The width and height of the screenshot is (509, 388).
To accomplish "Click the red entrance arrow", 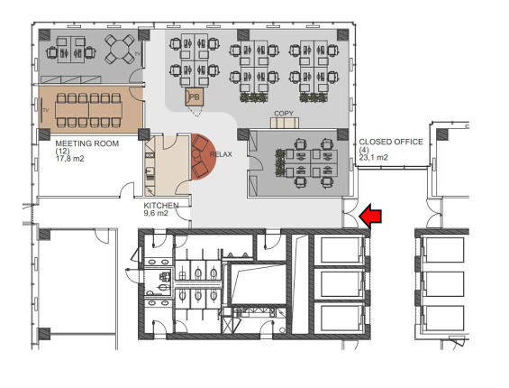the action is coord(370,217).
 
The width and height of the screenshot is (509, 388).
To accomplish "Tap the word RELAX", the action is coord(221,154).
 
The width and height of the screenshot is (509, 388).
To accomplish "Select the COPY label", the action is coord(284,114).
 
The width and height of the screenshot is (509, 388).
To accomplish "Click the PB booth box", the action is coord(195,97).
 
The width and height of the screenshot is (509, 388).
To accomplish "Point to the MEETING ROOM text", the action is coord(87,143).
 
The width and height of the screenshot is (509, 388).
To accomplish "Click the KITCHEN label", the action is coord(161,206).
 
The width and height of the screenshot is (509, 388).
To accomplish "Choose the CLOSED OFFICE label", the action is coord(391,142).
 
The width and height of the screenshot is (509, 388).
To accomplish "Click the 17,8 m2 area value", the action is coord(69,159).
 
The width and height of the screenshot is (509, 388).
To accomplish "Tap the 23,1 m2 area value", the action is coord(373,157).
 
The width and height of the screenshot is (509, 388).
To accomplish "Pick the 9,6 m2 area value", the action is coord(156,213).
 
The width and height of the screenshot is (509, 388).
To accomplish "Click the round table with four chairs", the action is coord(120,49).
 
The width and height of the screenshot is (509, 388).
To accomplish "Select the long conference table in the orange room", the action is coord(88,110).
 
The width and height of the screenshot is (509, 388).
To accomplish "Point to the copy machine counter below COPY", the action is coord(285,123).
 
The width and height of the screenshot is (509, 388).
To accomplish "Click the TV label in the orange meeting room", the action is coord(46,110).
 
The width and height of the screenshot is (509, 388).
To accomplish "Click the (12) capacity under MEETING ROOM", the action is coord(63,152).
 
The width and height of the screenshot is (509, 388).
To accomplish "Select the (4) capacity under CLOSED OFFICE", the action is coord(364,150).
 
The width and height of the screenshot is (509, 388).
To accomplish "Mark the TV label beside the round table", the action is coord(137,53).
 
